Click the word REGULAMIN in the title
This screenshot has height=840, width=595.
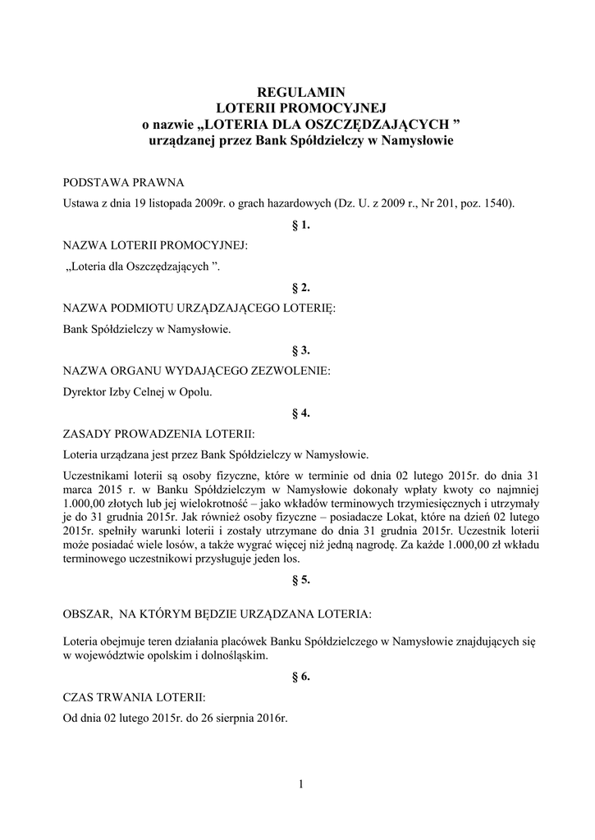pos(297,92)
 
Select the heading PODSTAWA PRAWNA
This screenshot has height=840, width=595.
pos(124,182)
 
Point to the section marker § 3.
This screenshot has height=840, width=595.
pos(300,350)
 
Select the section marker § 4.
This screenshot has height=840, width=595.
pos(300,413)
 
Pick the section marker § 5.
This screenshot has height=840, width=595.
pos(300,580)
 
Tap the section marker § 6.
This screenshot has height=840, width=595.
pos(300,677)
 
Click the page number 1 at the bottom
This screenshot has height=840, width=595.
pos(301,785)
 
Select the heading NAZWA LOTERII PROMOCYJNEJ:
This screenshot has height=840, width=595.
pos(155,245)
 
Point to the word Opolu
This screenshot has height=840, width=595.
pos(195,392)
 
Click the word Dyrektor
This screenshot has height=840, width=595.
pos(85,392)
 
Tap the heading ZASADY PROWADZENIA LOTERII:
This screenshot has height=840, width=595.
pos(159,434)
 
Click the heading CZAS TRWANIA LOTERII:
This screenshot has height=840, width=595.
pos(135,697)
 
